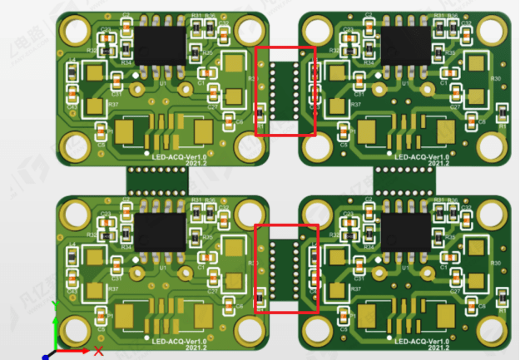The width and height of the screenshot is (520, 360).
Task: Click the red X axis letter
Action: (x=98, y=351)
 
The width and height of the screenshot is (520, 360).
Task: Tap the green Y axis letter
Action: (x=54, y=305)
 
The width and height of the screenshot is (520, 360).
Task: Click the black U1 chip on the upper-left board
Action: (x=160, y=44)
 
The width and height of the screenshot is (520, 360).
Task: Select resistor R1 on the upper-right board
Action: (x=503, y=113)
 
